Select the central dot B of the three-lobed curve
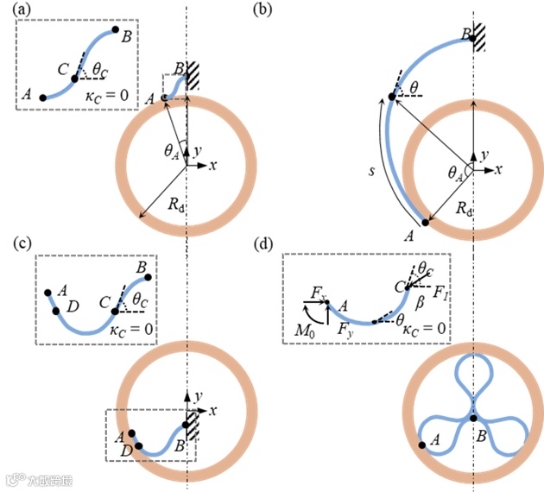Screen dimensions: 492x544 coord(472,418)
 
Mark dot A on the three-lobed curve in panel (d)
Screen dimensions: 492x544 coord(422,445)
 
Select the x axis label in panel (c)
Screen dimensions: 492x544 coord(212,408)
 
